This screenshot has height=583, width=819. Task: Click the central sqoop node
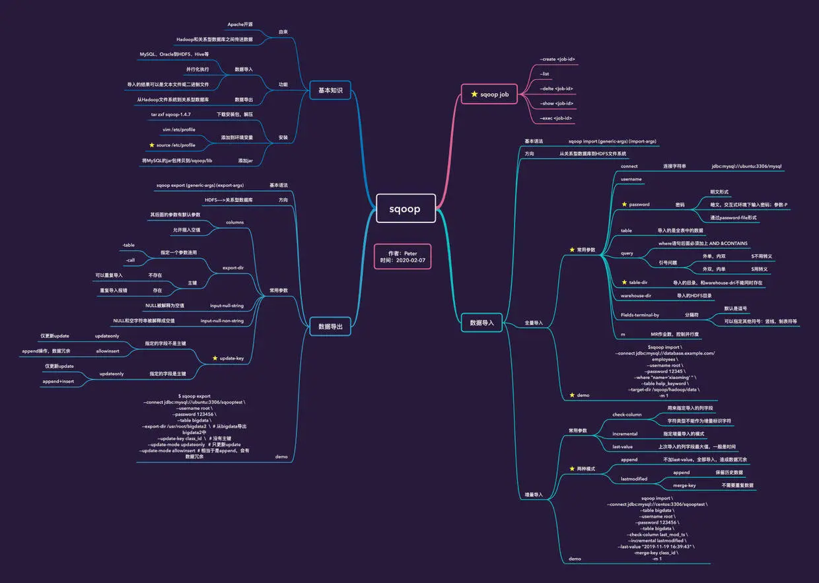(x=405, y=209)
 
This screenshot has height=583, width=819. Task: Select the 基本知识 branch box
(x=330, y=90)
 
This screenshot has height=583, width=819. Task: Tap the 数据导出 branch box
(x=330, y=326)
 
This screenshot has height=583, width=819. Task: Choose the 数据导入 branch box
(x=482, y=323)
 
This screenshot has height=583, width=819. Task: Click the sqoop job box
(x=490, y=94)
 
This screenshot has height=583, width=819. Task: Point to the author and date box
(x=402, y=257)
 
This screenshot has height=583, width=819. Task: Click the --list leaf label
(x=545, y=74)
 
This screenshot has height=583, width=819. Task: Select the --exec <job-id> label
(x=556, y=118)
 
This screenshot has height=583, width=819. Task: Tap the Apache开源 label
(x=240, y=24)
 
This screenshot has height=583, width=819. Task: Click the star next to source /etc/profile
(x=151, y=145)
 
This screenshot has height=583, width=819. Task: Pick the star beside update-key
(x=215, y=358)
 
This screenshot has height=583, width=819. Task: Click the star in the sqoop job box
(x=474, y=94)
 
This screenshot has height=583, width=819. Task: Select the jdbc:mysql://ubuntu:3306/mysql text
(x=746, y=166)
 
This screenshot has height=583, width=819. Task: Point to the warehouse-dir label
(x=636, y=296)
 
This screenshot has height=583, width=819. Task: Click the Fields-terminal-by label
(x=640, y=315)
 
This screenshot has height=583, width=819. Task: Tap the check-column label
(x=627, y=415)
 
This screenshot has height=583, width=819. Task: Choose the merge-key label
(x=684, y=485)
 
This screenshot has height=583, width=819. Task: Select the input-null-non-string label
(x=222, y=321)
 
